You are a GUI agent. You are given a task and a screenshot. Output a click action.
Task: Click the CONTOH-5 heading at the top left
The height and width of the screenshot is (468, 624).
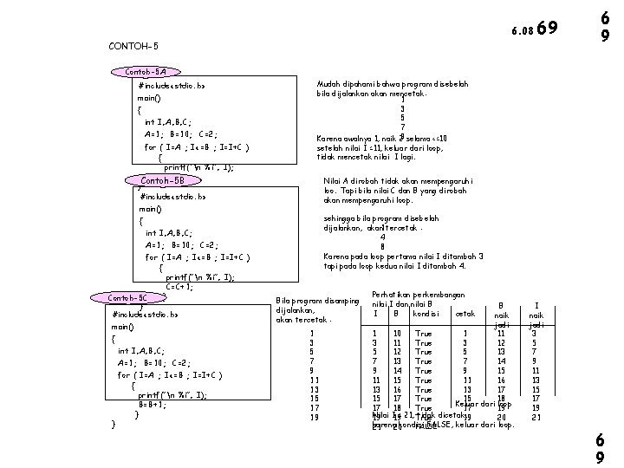click(134, 45)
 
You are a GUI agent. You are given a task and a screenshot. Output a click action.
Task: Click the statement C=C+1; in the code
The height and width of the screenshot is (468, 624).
click(179, 287)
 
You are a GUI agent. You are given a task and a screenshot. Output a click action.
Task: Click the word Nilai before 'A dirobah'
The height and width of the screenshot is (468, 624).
click(333, 181)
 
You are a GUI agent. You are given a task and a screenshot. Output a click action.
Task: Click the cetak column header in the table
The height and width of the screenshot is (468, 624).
click(465, 313)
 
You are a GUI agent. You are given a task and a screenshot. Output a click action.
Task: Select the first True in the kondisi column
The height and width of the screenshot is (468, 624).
click(424, 333)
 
